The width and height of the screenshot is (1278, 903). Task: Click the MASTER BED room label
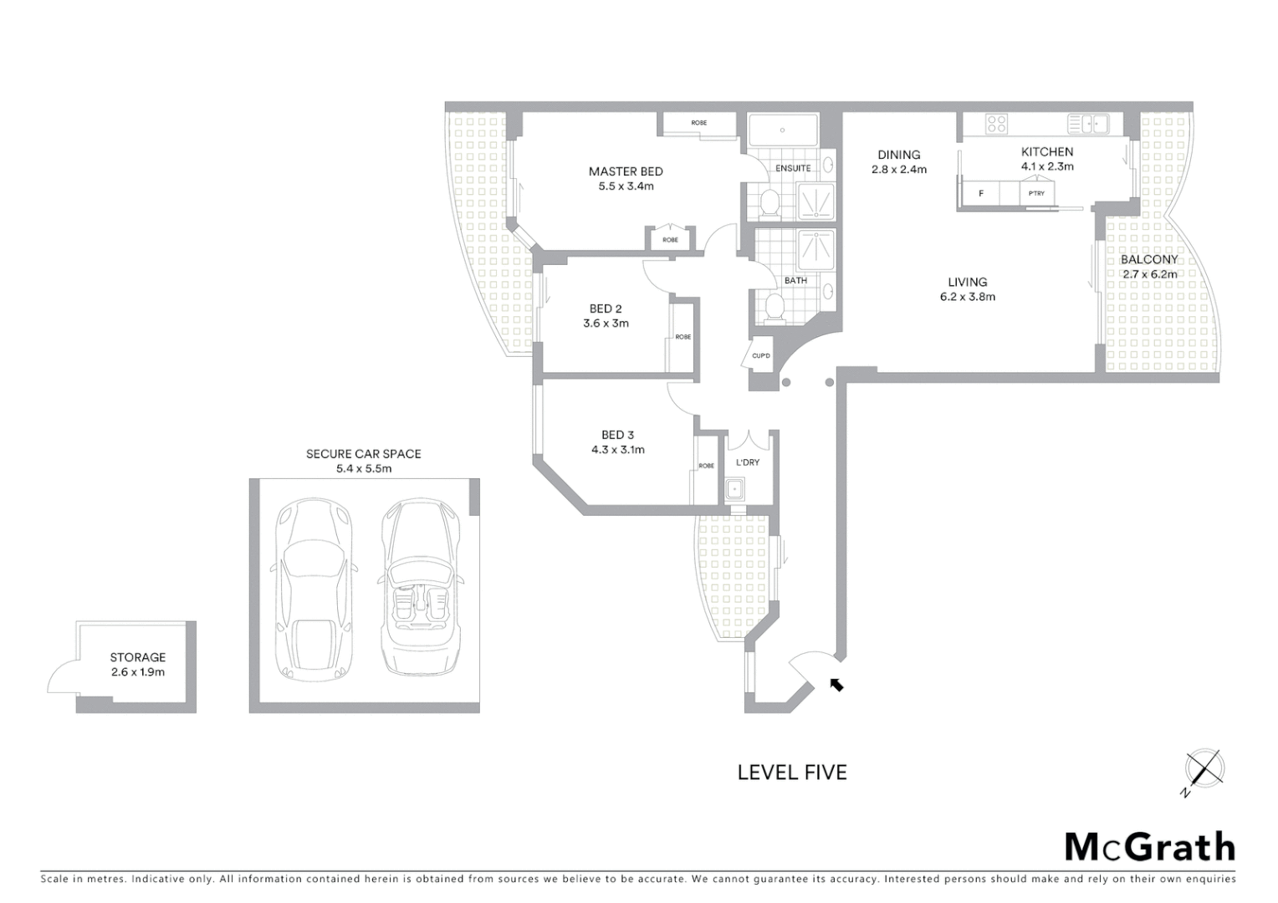point(625,171)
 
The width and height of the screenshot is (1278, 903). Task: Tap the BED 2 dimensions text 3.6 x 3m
point(606,324)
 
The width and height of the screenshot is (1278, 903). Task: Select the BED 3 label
point(617,435)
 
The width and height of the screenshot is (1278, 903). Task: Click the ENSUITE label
point(792,168)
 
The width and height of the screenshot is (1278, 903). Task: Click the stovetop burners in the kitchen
point(996,125)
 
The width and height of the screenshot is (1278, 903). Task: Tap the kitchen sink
point(1087,125)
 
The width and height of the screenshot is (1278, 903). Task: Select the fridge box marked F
point(981,194)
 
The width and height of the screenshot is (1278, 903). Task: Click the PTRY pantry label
point(1036,194)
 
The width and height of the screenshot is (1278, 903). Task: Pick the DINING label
point(899,155)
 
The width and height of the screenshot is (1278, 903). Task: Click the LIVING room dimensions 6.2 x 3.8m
point(967,297)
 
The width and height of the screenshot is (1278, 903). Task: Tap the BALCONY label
point(1148,260)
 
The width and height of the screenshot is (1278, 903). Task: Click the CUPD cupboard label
point(760,356)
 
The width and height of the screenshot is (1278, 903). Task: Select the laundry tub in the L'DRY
point(735,488)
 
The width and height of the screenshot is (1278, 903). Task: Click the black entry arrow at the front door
point(836,685)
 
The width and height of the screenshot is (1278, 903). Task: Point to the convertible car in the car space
point(419,589)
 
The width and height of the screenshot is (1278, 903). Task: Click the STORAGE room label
point(138,657)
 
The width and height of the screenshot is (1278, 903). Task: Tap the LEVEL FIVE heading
point(791,773)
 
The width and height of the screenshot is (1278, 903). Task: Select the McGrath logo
point(1149,847)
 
